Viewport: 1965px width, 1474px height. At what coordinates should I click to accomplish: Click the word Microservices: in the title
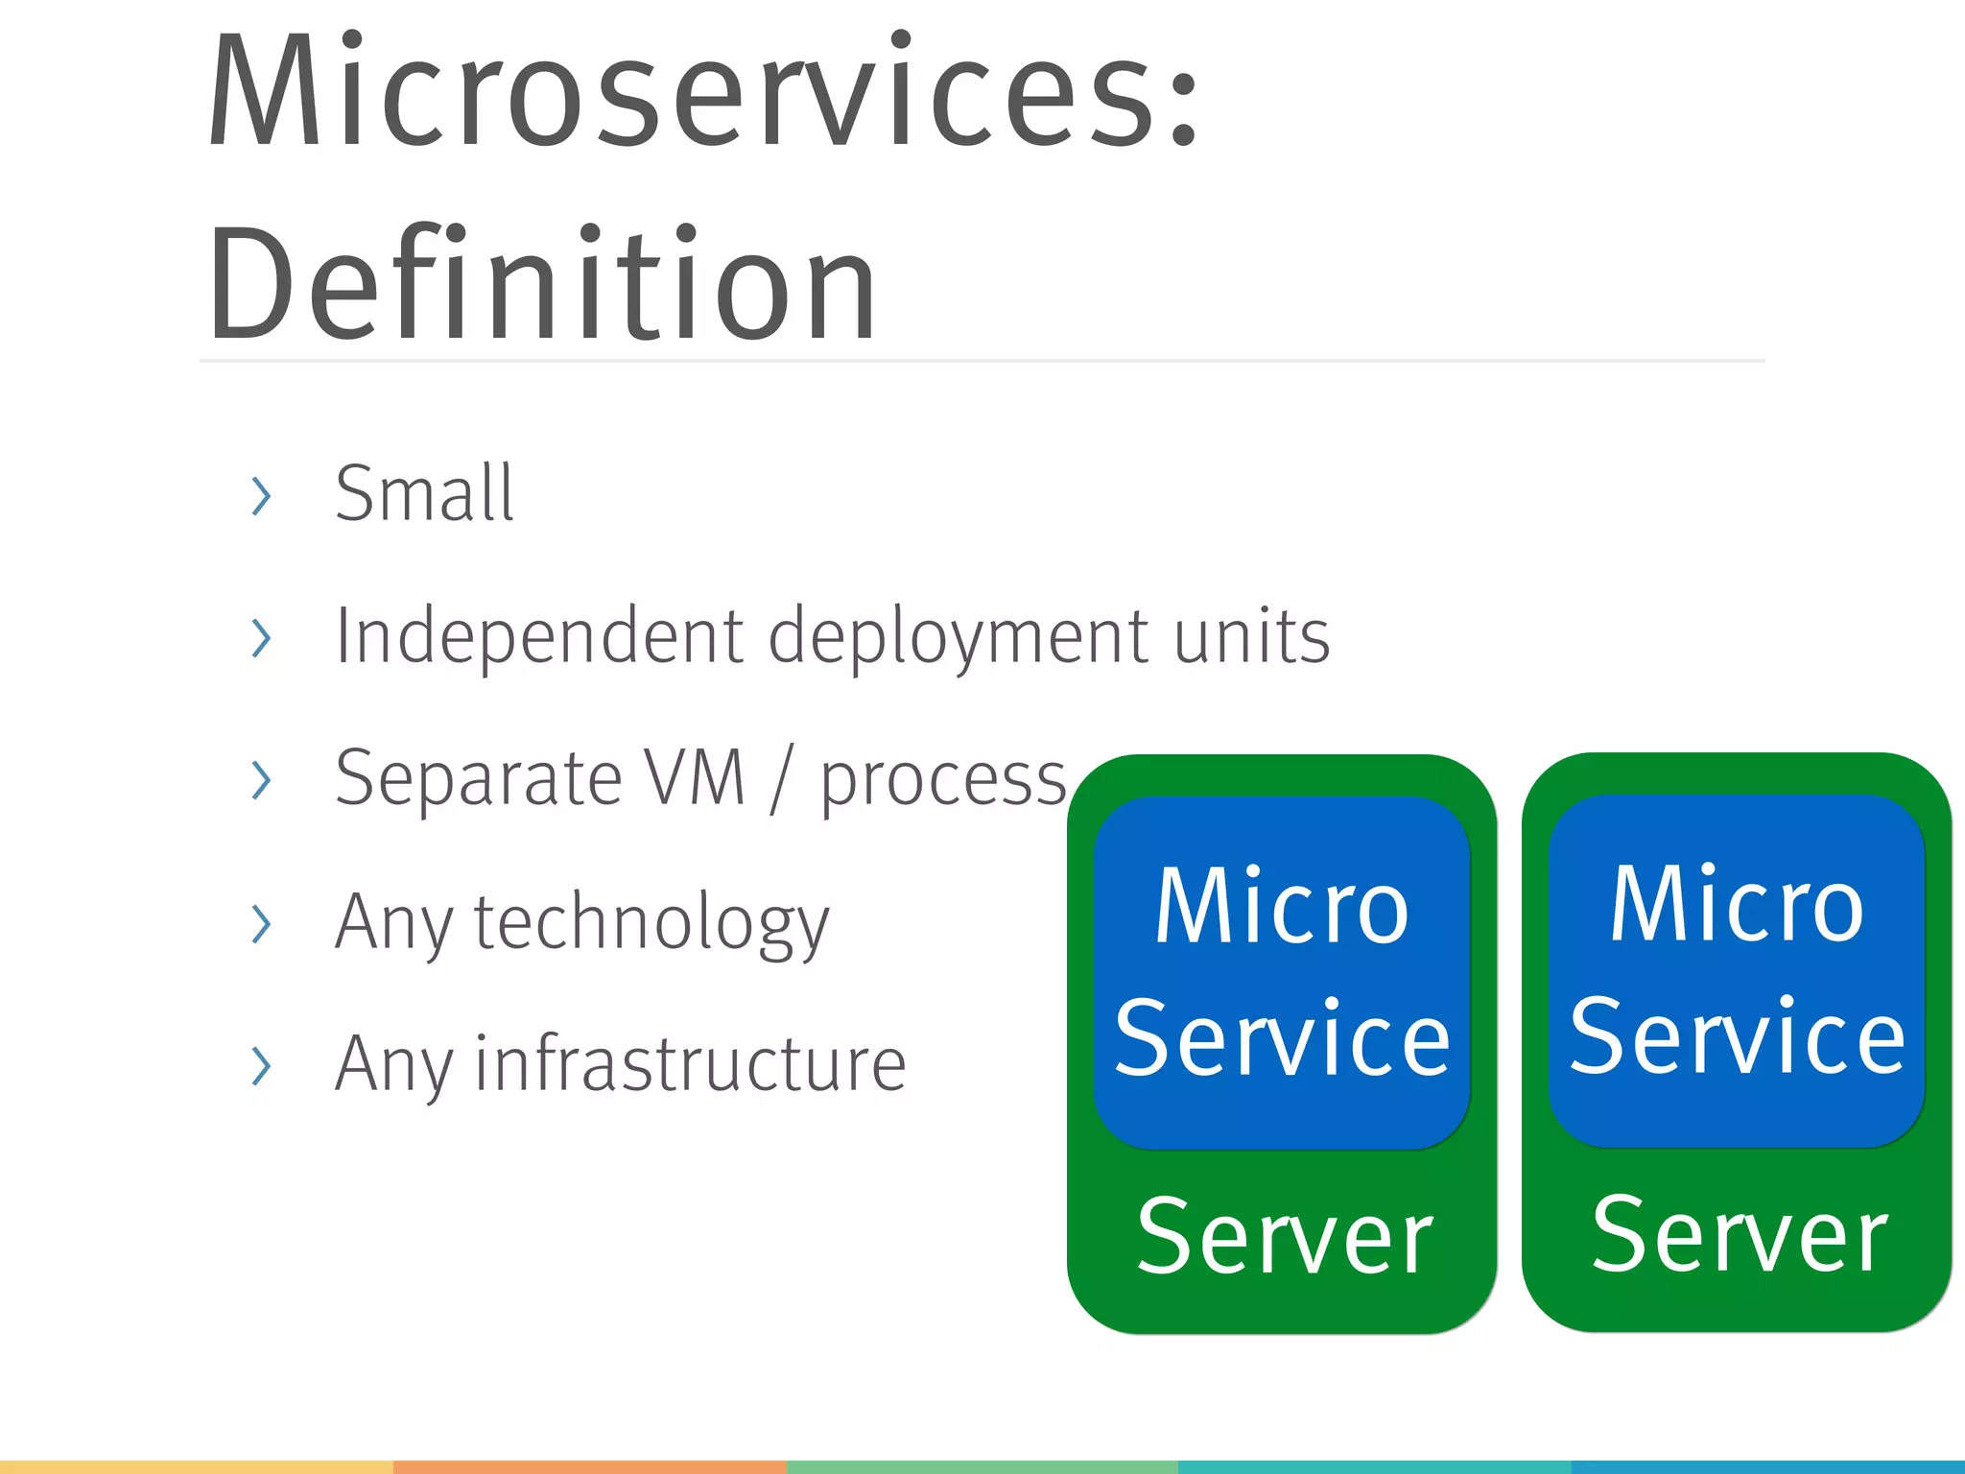[x=703, y=91]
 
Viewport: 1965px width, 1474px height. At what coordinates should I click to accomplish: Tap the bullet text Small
[x=424, y=493]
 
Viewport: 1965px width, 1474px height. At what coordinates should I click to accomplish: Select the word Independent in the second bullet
[x=539, y=636]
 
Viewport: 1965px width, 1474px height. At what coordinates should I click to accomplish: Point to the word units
[x=1251, y=636]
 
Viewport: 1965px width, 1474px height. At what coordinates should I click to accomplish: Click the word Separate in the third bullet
[x=479, y=778]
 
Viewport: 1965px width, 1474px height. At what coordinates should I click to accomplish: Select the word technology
[x=651, y=923]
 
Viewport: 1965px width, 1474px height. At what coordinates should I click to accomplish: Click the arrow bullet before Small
[x=261, y=495]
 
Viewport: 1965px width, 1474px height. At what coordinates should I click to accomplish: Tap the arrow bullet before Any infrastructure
[x=261, y=1065]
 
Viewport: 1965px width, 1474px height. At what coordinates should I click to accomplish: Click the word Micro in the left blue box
[x=1282, y=906]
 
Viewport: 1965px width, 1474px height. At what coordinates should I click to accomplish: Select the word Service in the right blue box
[x=1737, y=1036]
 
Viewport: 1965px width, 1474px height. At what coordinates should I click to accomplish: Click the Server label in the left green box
[x=1284, y=1238]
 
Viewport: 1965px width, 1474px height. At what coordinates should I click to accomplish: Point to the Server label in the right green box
[x=1739, y=1236]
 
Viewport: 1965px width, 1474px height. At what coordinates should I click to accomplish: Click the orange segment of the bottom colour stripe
[x=589, y=1467]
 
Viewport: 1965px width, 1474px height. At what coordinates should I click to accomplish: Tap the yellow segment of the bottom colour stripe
[x=196, y=1467]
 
